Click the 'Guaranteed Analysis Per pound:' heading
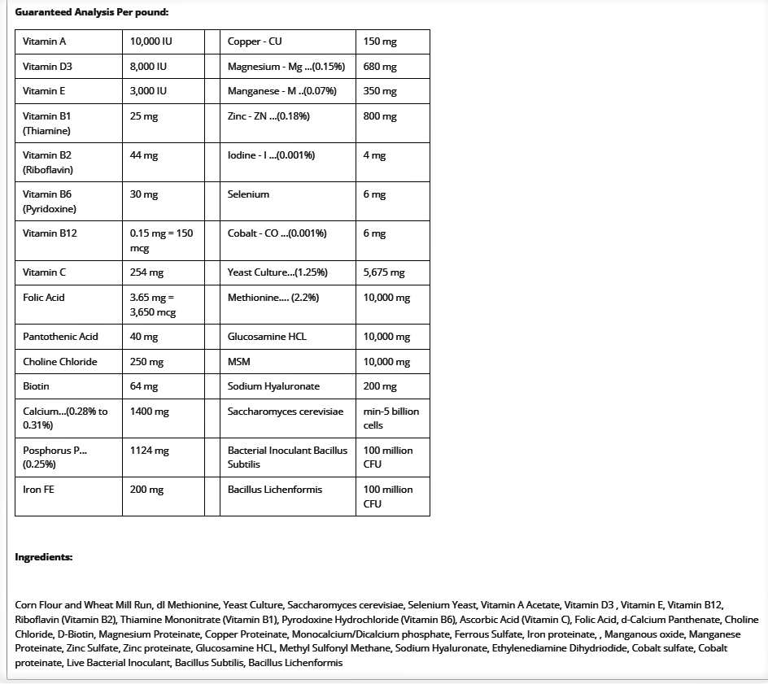tap(92, 12)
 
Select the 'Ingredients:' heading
tap(44, 557)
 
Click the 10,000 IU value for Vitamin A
tap(151, 41)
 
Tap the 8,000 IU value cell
tap(148, 67)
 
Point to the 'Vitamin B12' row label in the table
tap(50, 233)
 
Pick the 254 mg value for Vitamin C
tap(146, 272)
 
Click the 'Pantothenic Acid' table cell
tap(60, 337)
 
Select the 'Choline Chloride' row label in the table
tap(59, 362)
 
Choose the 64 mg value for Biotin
tap(144, 386)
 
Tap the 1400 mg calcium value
tap(149, 412)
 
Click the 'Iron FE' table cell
tap(39, 490)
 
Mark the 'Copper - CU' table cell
tap(255, 41)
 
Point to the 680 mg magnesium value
tap(380, 67)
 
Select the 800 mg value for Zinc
tap(380, 116)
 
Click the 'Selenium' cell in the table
tap(248, 194)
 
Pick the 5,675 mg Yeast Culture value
tap(383, 272)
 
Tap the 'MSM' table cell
tap(238, 362)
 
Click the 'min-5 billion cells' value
tap(391, 418)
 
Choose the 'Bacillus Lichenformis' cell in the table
tap(275, 490)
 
